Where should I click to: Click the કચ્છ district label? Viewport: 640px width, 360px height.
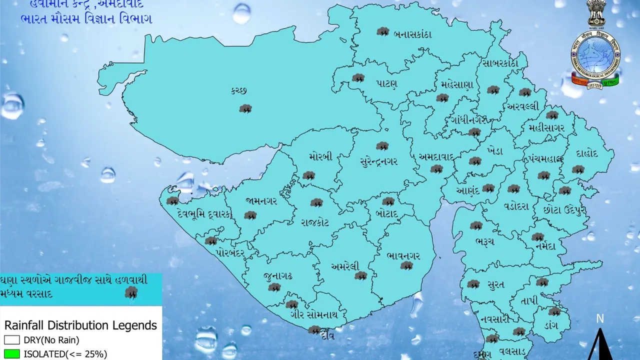coord(239,90)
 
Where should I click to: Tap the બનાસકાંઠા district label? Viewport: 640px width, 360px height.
coord(412,35)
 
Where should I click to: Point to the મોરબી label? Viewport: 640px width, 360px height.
coord(320,156)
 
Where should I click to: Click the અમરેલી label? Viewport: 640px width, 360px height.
coord(344,266)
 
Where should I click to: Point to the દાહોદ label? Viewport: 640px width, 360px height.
coord(587,153)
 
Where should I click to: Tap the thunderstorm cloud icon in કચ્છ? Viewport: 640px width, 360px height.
coord(245,108)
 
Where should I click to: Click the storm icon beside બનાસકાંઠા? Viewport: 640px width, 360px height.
coord(383,32)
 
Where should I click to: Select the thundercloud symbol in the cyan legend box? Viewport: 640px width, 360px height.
coord(131,293)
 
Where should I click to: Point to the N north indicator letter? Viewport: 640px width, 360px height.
coord(600,319)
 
